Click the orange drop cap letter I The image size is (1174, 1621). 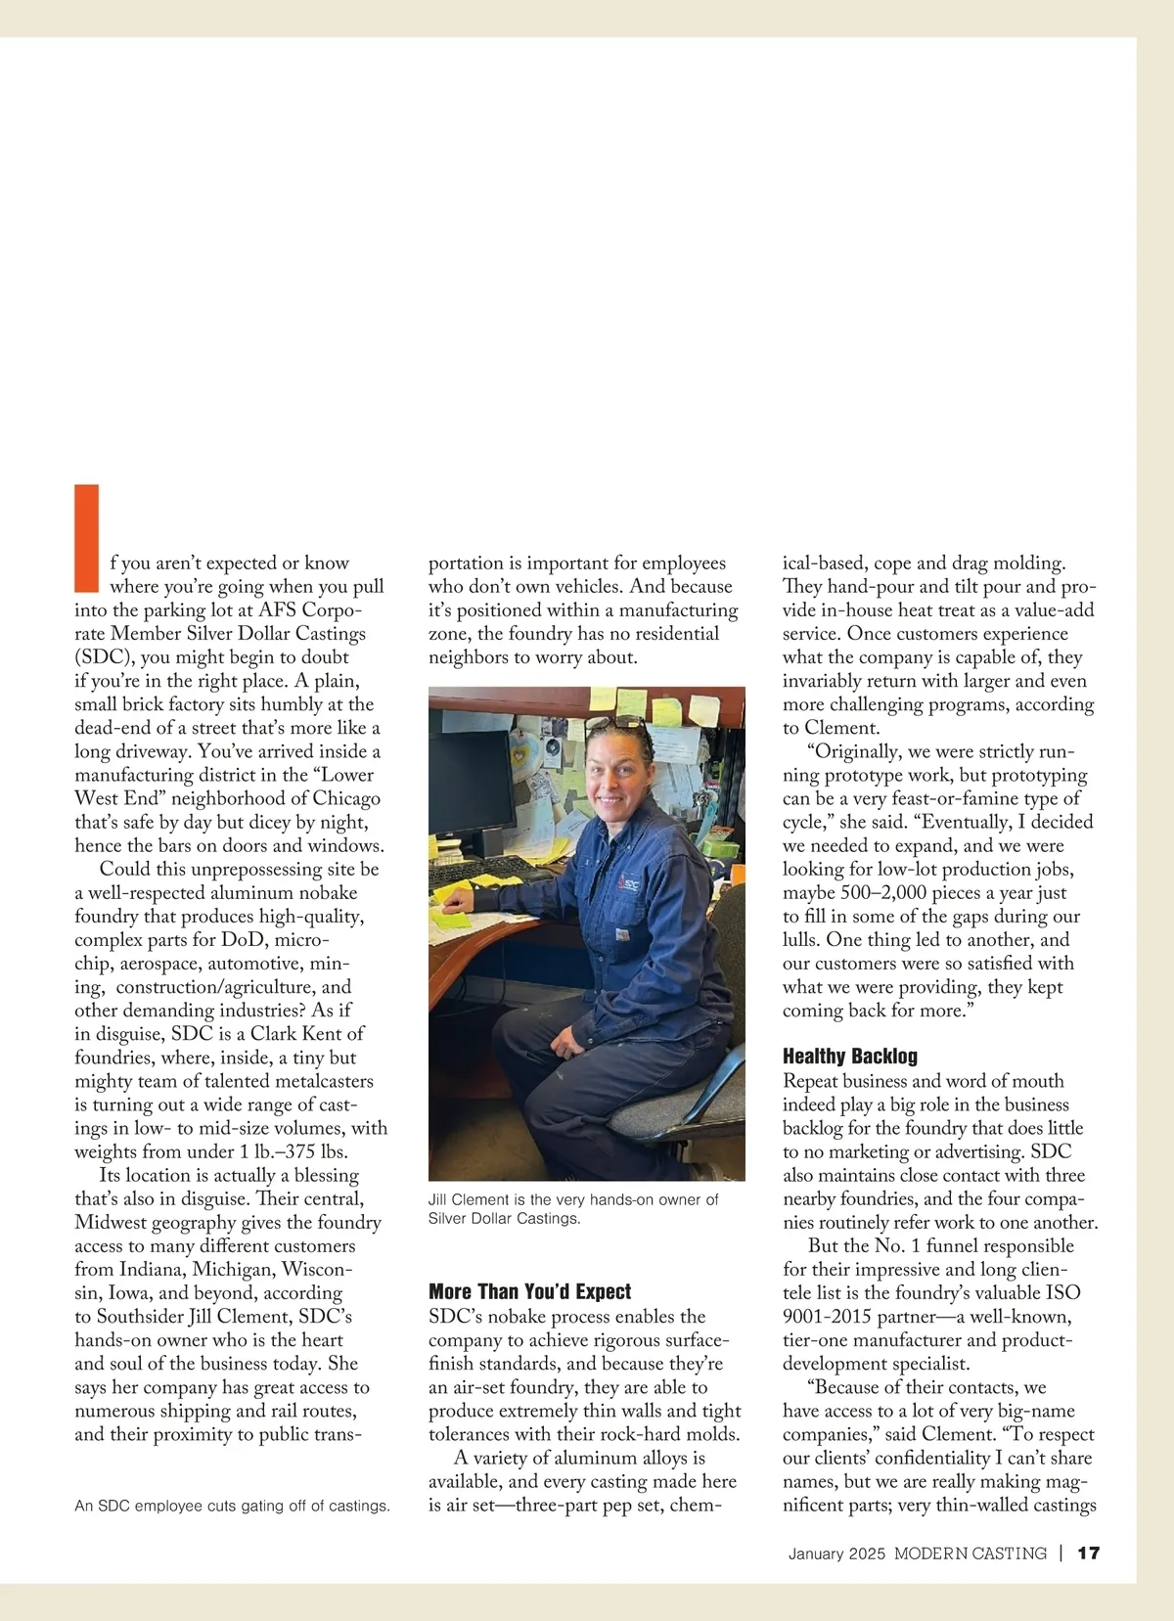[x=87, y=537]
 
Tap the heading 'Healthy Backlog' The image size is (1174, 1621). [x=849, y=1056]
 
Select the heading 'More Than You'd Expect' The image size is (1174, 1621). [x=529, y=1291]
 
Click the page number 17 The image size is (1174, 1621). [x=1088, y=1553]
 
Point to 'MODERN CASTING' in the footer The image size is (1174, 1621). [x=970, y=1553]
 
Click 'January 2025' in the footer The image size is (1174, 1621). [x=836, y=1553]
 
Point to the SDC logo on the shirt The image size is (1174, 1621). [x=628, y=883]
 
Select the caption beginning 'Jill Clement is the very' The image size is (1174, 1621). [x=573, y=1209]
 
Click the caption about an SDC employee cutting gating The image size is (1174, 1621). [x=232, y=1506]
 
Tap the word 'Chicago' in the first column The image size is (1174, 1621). [x=346, y=798]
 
